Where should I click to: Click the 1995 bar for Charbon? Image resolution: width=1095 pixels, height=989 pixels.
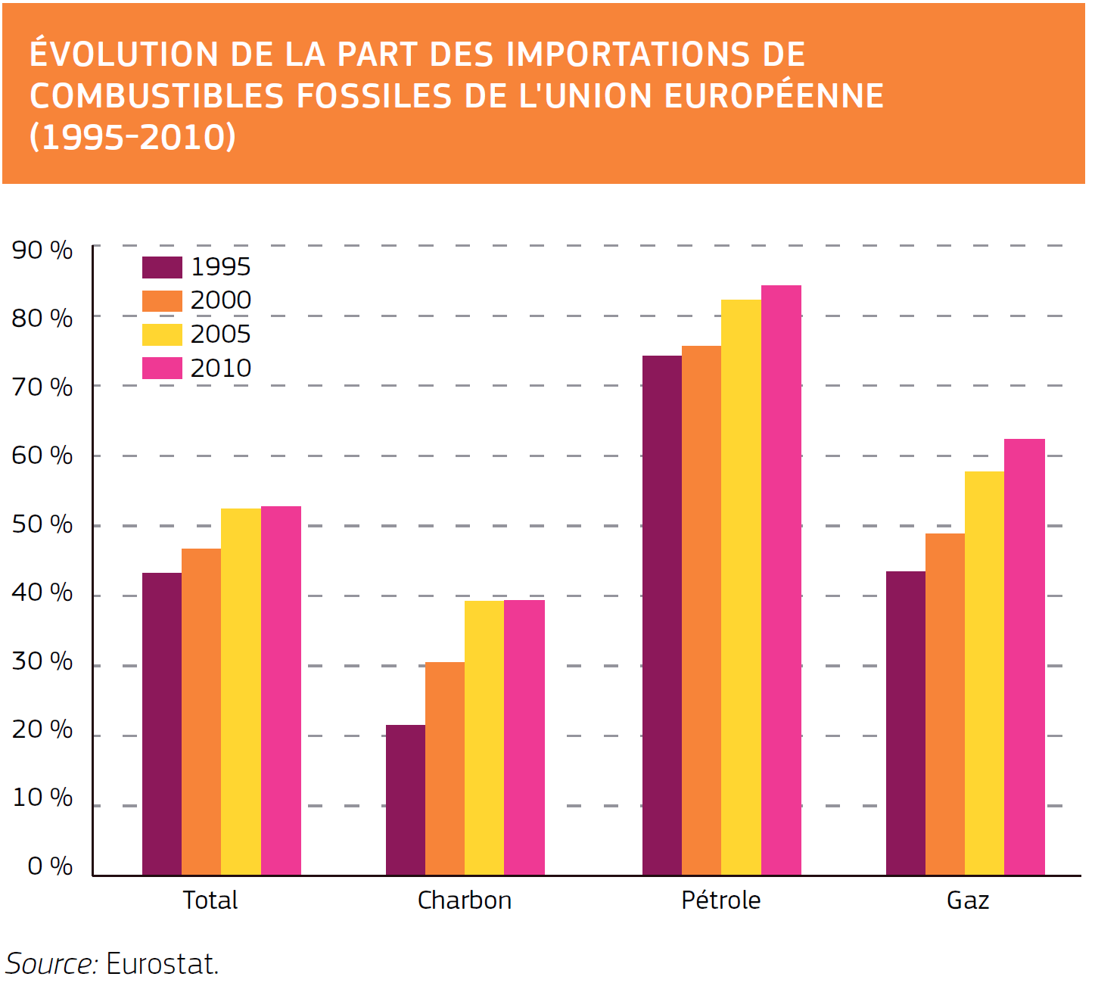coord(406,800)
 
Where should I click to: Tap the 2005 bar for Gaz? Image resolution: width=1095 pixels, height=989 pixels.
coord(985,673)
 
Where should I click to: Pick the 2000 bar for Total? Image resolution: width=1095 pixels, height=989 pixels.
coord(201,711)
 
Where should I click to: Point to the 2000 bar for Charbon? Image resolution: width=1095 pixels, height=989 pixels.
coord(445,768)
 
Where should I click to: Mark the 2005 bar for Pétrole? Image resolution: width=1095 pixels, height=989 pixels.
coord(741,587)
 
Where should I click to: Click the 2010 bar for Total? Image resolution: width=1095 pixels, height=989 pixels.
coord(281,690)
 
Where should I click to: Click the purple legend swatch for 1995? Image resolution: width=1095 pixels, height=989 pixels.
coord(162,267)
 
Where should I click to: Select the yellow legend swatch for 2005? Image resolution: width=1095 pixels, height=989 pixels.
coord(162,334)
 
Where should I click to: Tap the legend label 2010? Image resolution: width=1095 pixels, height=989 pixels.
coord(220,369)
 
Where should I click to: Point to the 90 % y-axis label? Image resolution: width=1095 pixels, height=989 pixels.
coord(42,250)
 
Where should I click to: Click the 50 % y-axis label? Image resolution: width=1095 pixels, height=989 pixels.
coord(42,524)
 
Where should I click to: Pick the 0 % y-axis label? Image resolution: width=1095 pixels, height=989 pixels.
coord(50,866)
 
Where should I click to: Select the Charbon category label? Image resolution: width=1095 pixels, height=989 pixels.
coord(465,900)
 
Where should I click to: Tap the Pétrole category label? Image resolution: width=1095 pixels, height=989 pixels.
coord(720,900)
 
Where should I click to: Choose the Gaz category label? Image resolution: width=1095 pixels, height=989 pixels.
coord(968,900)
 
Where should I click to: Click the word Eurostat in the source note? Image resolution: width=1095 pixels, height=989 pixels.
coord(162,964)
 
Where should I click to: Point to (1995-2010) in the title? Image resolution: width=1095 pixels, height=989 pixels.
coord(132,137)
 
